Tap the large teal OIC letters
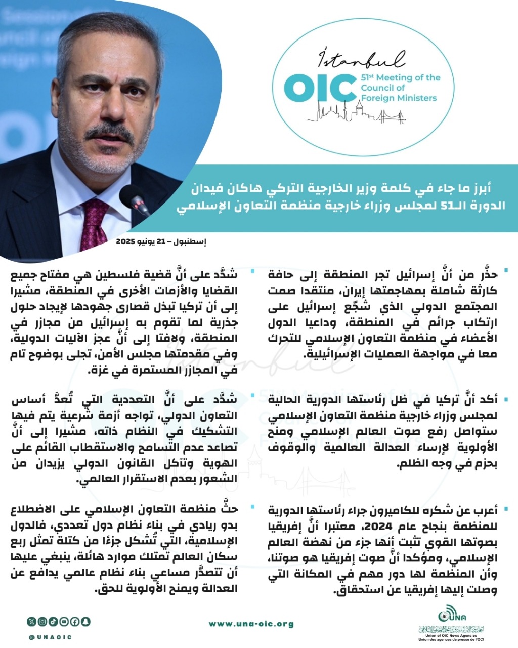pos(318,88)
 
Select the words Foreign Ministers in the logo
pos(399,98)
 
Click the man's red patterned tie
pos(94,225)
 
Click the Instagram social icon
pos(43,621)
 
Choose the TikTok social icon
pos(54,621)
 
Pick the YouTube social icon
pos(64,621)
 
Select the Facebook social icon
pos(75,621)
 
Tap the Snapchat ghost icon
pos(85,621)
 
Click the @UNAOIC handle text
pos(50,637)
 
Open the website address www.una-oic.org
pos(251,624)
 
